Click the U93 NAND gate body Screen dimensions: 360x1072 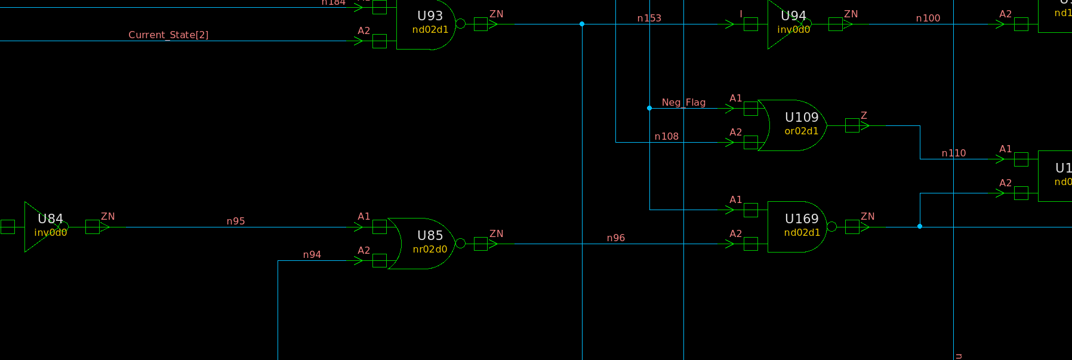pos(425,24)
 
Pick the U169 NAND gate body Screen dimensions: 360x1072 pos(797,227)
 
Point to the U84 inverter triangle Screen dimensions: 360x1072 pos(42,227)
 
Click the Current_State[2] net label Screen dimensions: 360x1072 pos(168,35)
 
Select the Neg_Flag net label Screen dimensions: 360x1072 pos(683,102)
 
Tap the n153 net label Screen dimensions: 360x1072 pos(649,18)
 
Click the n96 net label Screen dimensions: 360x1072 pos(615,238)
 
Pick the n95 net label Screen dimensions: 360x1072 pos(236,221)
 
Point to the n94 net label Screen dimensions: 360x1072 pos(312,254)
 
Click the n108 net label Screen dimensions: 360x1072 pos(666,136)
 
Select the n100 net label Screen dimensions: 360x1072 pos(928,18)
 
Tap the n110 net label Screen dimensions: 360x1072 pos(953,153)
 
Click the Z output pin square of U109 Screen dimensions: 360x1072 pos(852,125)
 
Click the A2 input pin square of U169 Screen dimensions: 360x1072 pos(751,244)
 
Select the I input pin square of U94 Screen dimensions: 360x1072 pos(751,24)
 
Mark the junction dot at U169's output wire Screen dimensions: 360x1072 pos(920,226)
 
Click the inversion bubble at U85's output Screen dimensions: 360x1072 pos(460,244)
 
